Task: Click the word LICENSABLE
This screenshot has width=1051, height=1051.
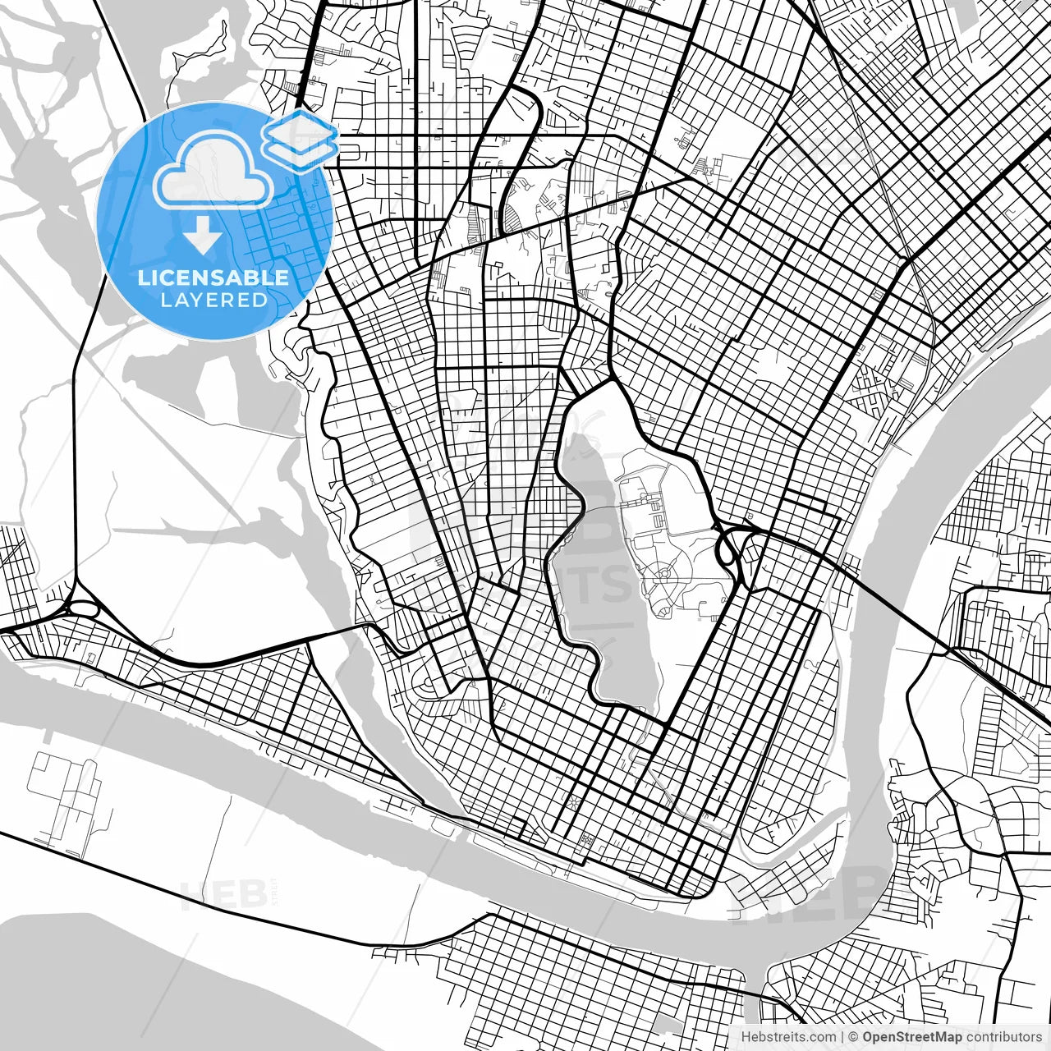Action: pos(213,278)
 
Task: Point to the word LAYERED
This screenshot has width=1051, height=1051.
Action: pos(213,300)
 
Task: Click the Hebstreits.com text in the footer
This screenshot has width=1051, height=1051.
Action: pos(788,1037)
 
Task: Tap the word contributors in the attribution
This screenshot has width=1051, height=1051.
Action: pos(1003,1037)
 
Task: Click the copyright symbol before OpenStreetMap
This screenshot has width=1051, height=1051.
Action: pos(853,1037)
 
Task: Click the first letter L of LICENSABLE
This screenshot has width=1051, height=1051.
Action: pos(142,278)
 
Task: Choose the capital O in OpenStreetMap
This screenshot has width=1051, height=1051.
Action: pos(868,1037)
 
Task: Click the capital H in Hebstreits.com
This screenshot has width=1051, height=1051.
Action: pos(746,1037)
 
